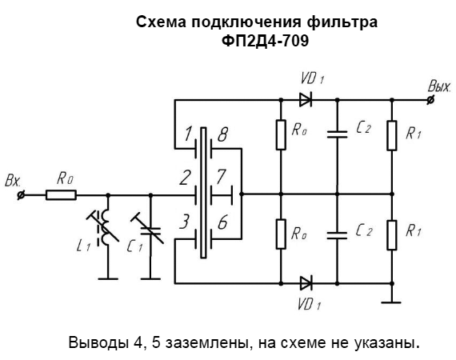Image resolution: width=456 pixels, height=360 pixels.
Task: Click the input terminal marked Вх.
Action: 21,195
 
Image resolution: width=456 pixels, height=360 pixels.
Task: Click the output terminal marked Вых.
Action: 430,100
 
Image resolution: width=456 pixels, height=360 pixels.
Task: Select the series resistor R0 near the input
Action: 61,195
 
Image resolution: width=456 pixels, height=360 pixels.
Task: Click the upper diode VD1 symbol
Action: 306,100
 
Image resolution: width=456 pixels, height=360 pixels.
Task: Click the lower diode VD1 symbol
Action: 306,283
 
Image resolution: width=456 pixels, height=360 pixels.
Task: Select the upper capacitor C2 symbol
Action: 337,134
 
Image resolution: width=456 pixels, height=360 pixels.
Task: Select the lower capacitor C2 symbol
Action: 337,235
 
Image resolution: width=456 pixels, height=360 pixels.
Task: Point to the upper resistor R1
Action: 392,135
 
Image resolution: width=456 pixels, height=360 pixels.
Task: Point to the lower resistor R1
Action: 392,235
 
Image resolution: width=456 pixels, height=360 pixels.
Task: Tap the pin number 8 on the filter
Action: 222,134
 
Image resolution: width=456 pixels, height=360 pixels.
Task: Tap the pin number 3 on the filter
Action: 184,222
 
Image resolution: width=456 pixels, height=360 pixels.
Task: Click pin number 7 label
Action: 222,177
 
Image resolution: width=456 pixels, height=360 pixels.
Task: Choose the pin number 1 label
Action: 187,134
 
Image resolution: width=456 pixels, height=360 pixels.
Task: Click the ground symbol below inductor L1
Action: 108,278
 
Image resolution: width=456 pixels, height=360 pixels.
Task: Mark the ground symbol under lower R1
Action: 391,302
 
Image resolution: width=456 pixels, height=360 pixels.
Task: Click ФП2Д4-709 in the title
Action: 265,41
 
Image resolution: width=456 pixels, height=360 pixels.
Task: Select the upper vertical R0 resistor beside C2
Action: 281,134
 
